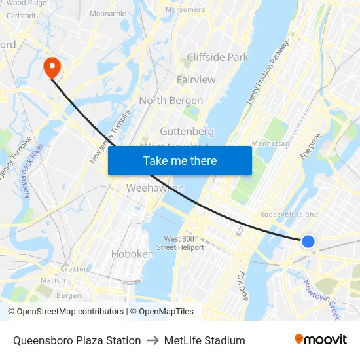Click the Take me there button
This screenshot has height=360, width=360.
point(180,161)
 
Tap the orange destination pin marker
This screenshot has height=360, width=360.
point(51,67)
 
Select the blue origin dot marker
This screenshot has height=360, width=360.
point(308,242)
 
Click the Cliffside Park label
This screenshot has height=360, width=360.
point(218,57)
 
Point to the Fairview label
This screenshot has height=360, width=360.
point(196,79)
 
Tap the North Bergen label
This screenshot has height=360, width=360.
point(171,101)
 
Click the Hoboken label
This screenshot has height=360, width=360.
point(132,253)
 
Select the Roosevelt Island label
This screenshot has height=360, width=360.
point(289,214)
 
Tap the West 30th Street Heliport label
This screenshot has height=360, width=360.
point(184,243)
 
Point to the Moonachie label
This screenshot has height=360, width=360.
point(108,13)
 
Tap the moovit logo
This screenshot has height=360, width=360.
point(320,340)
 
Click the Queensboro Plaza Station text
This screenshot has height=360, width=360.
point(77,340)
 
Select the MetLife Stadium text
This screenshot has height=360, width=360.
point(205,340)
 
